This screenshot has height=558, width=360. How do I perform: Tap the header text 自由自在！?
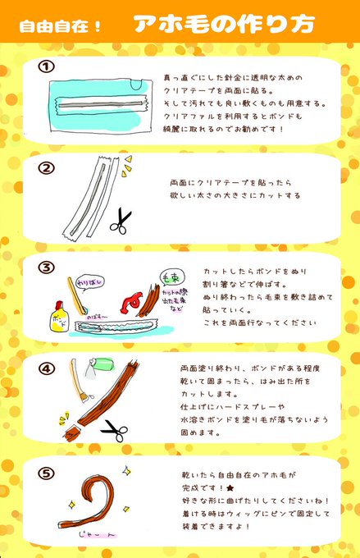[x=62, y=25]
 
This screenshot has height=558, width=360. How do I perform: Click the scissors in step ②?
[x=121, y=221]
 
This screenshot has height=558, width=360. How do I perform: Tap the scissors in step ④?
[x=114, y=428]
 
